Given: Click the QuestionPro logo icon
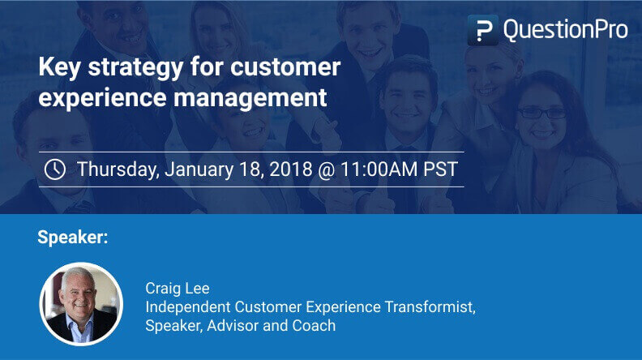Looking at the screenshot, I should coord(482,30).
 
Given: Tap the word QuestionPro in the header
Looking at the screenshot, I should coord(565,30).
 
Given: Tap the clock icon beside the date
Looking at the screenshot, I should coord(54,169).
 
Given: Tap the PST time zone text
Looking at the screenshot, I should coord(440,169).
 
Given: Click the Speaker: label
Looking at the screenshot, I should coord(73,238).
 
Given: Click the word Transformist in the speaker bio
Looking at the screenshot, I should coord(432,307).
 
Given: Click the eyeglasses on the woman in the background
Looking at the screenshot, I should coord(542,114).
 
